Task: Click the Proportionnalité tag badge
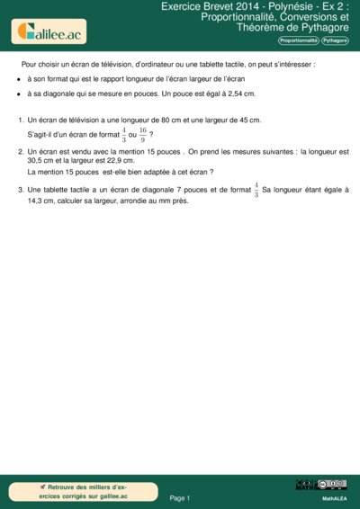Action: tap(298, 41)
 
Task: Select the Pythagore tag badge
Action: tap(337, 41)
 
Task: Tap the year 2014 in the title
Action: tap(234, 5)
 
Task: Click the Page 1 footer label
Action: tap(180, 497)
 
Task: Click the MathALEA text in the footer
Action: tap(335, 497)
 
